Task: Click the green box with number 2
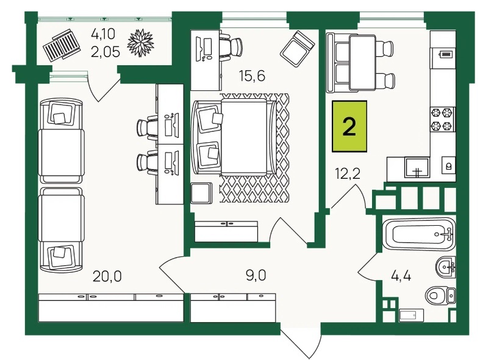point(349,126)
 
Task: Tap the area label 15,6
point(252,76)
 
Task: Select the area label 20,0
point(107,276)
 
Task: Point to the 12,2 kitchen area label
point(348,173)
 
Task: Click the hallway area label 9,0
point(256,275)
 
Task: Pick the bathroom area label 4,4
point(401,276)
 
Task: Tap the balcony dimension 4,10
point(103,34)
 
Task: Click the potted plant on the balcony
point(140,43)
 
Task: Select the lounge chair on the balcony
point(61,45)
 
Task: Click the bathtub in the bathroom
point(419,234)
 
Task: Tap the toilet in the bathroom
point(441,296)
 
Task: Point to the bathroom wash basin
point(446,267)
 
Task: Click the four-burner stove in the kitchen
point(442,119)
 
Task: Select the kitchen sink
point(417,167)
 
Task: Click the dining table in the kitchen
point(363,63)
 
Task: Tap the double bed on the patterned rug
point(235,137)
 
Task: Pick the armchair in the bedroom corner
point(297,49)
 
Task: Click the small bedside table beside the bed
point(201,193)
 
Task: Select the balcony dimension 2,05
point(106,51)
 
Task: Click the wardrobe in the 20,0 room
point(111,308)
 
